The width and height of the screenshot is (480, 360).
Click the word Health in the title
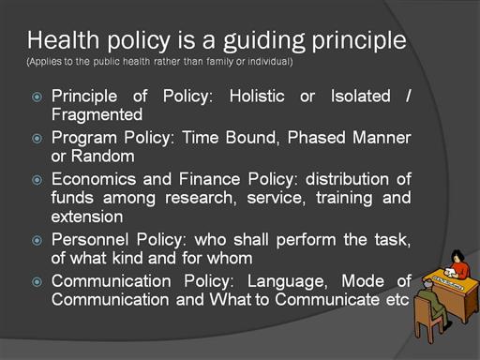64,40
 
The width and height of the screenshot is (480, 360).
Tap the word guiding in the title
263,42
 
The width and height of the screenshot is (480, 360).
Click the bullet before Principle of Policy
37,97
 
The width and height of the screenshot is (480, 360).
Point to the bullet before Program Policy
37,139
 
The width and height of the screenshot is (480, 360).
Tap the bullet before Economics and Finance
37,180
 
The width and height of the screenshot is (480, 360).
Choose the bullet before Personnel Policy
37,240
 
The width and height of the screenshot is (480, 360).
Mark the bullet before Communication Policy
37,282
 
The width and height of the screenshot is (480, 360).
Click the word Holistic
257,96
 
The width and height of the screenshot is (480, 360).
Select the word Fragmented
97,114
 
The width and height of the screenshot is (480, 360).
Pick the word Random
103,156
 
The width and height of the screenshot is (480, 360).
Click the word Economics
94,179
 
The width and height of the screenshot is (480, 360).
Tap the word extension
87,217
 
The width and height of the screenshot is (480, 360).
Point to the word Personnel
90,240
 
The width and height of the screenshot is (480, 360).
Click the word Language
287,282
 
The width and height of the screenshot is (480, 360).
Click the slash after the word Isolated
408,96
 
